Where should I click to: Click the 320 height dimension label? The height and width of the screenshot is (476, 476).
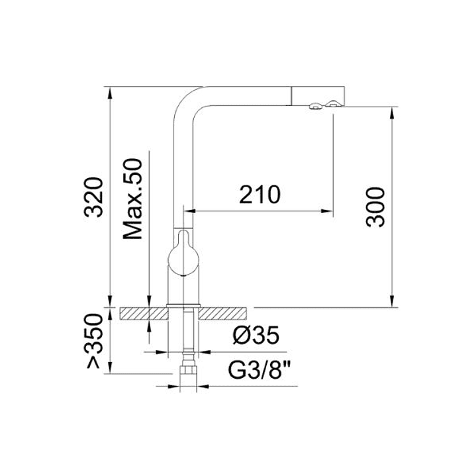93,197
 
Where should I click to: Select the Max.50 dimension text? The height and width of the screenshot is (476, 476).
132,199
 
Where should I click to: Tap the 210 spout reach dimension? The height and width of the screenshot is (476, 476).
260,195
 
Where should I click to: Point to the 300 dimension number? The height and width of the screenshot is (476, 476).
375,207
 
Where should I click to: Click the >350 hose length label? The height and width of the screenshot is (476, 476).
93,341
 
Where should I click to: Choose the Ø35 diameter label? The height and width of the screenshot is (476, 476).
256,336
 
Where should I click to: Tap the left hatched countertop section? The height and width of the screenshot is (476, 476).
144,314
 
